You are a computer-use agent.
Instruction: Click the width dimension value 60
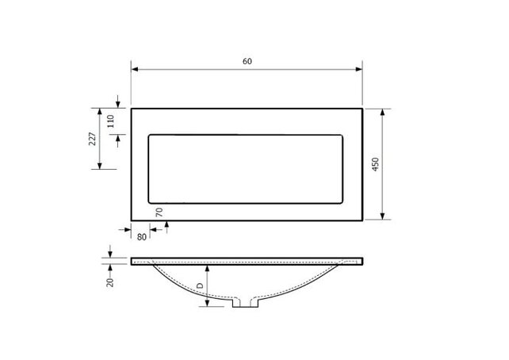pos(247,62)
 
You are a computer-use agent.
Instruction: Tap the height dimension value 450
pos(375,165)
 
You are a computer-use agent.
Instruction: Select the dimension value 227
pos(92,140)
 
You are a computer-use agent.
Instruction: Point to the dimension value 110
pos(111,121)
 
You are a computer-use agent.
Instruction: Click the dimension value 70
pos(159,213)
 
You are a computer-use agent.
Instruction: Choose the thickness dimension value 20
pos(110,280)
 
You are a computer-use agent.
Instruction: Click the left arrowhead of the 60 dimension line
pos(134,70)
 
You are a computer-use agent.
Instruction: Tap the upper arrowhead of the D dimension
pos(208,266)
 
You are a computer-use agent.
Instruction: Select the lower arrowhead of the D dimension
pos(208,305)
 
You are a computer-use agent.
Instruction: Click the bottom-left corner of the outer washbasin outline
pos(131,220)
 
